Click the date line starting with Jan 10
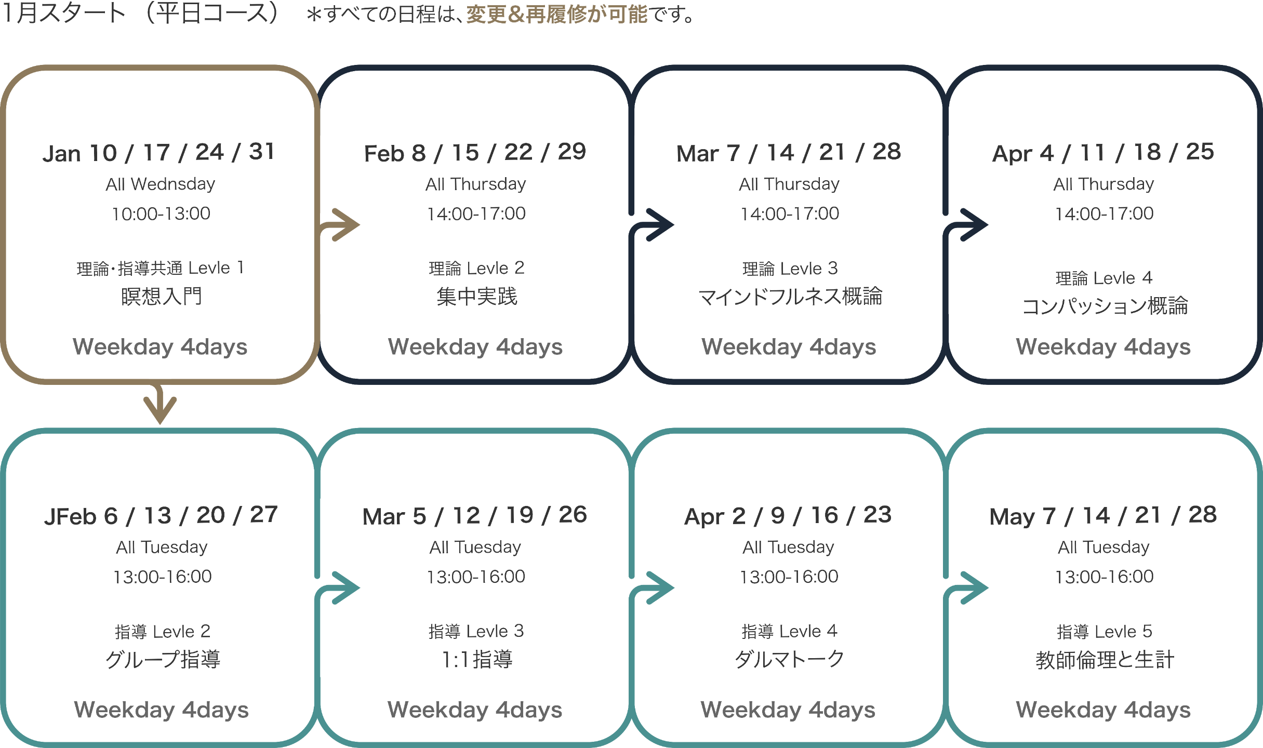coord(158,153)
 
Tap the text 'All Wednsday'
coord(161,184)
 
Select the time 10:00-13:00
coord(161,213)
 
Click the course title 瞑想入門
coord(161,297)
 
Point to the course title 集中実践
coord(476,297)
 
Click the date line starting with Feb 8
coord(475,153)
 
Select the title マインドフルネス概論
coord(790,297)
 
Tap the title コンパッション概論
coord(1105,306)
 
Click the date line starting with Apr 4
coord(1103,153)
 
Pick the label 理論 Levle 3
coord(790,268)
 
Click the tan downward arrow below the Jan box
coord(160,406)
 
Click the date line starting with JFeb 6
coord(161,516)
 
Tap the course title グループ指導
coord(163,660)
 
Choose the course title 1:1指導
coord(476,660)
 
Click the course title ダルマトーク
coord(790,660)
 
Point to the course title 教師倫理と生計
coord(1105,660)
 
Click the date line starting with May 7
coord(1103,516)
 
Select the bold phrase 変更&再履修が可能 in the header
coord(556,15)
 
